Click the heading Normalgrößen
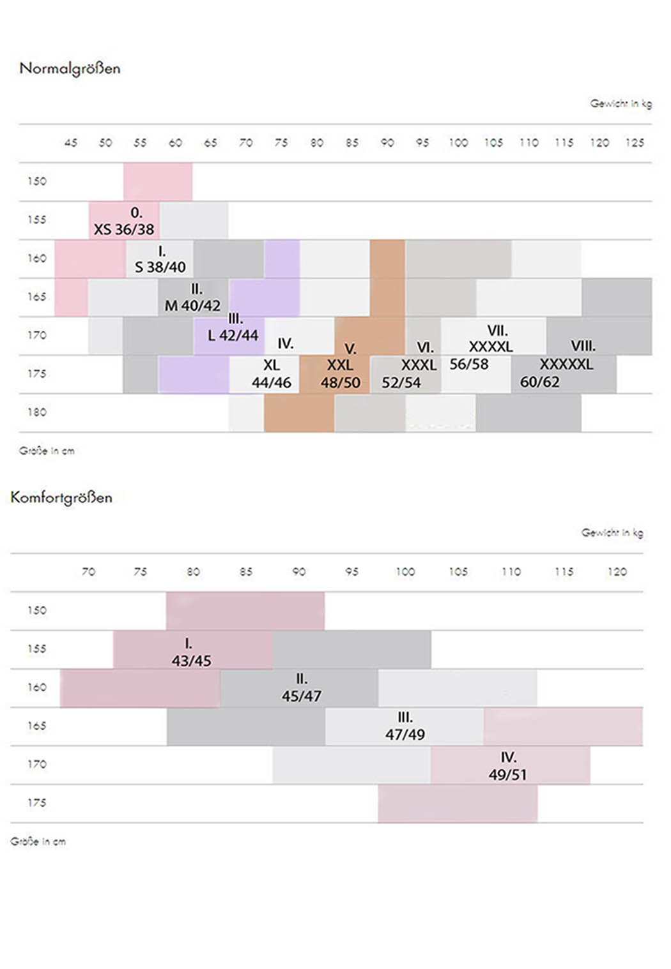pos(70,68)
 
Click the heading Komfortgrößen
pos(61,497)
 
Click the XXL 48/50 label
pos(340,374)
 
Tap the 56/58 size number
pos(468,364)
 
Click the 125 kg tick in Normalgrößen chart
pos(635,142)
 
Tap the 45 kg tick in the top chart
pos(70,142)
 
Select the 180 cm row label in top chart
pos(36,412)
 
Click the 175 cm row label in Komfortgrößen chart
pos(36,802)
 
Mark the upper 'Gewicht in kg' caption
pos(621,103)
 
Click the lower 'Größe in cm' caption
pos(38,841)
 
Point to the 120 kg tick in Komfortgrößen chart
pos(617,571)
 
